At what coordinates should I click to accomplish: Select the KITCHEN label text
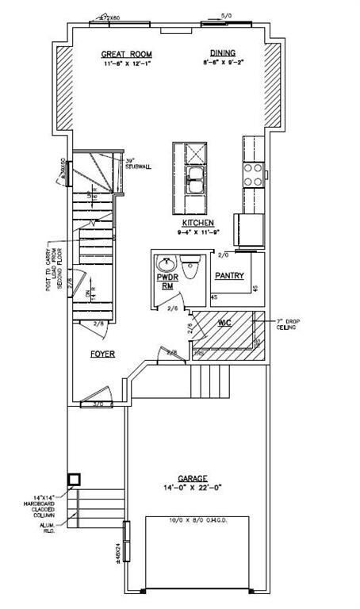pyautogui.click(x=194, y=223)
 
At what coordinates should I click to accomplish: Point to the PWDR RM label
pyautogui.click(x=167, y=282)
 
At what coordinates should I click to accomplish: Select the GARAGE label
pyautogui.click(x=192, y=478)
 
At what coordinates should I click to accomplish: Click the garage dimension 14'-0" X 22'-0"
pyautogui.click(x=192, y=488)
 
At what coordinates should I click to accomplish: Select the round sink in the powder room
pyautogui.click(x=167, y=263)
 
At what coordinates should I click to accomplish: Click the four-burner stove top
pyautogui.click(x=253, y=174)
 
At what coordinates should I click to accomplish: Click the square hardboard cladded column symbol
pyautogui.click(x=75, y=480)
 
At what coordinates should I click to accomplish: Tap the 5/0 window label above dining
pyautogui.click(x=226, y=15)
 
